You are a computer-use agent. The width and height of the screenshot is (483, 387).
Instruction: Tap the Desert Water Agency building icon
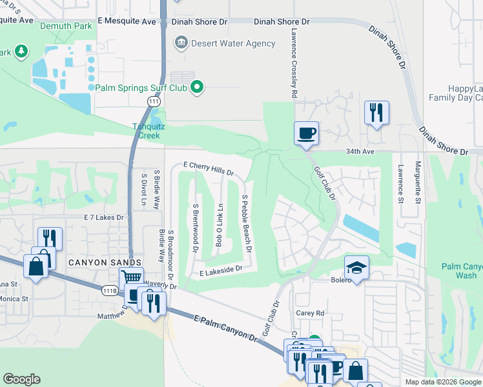pos(181,43)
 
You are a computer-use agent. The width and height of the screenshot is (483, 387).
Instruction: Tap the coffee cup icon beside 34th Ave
pos(307,133)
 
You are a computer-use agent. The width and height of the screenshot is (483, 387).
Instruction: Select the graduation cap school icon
pos(356,267)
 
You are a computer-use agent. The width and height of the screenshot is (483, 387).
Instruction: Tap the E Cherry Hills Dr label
pos(208,168)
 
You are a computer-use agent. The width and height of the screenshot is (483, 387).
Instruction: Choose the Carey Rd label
pos(310,313)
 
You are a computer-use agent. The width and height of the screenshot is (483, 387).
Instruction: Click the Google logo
pos(22,379)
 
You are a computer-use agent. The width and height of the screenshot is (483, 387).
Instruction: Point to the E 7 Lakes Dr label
pos(103,217)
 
